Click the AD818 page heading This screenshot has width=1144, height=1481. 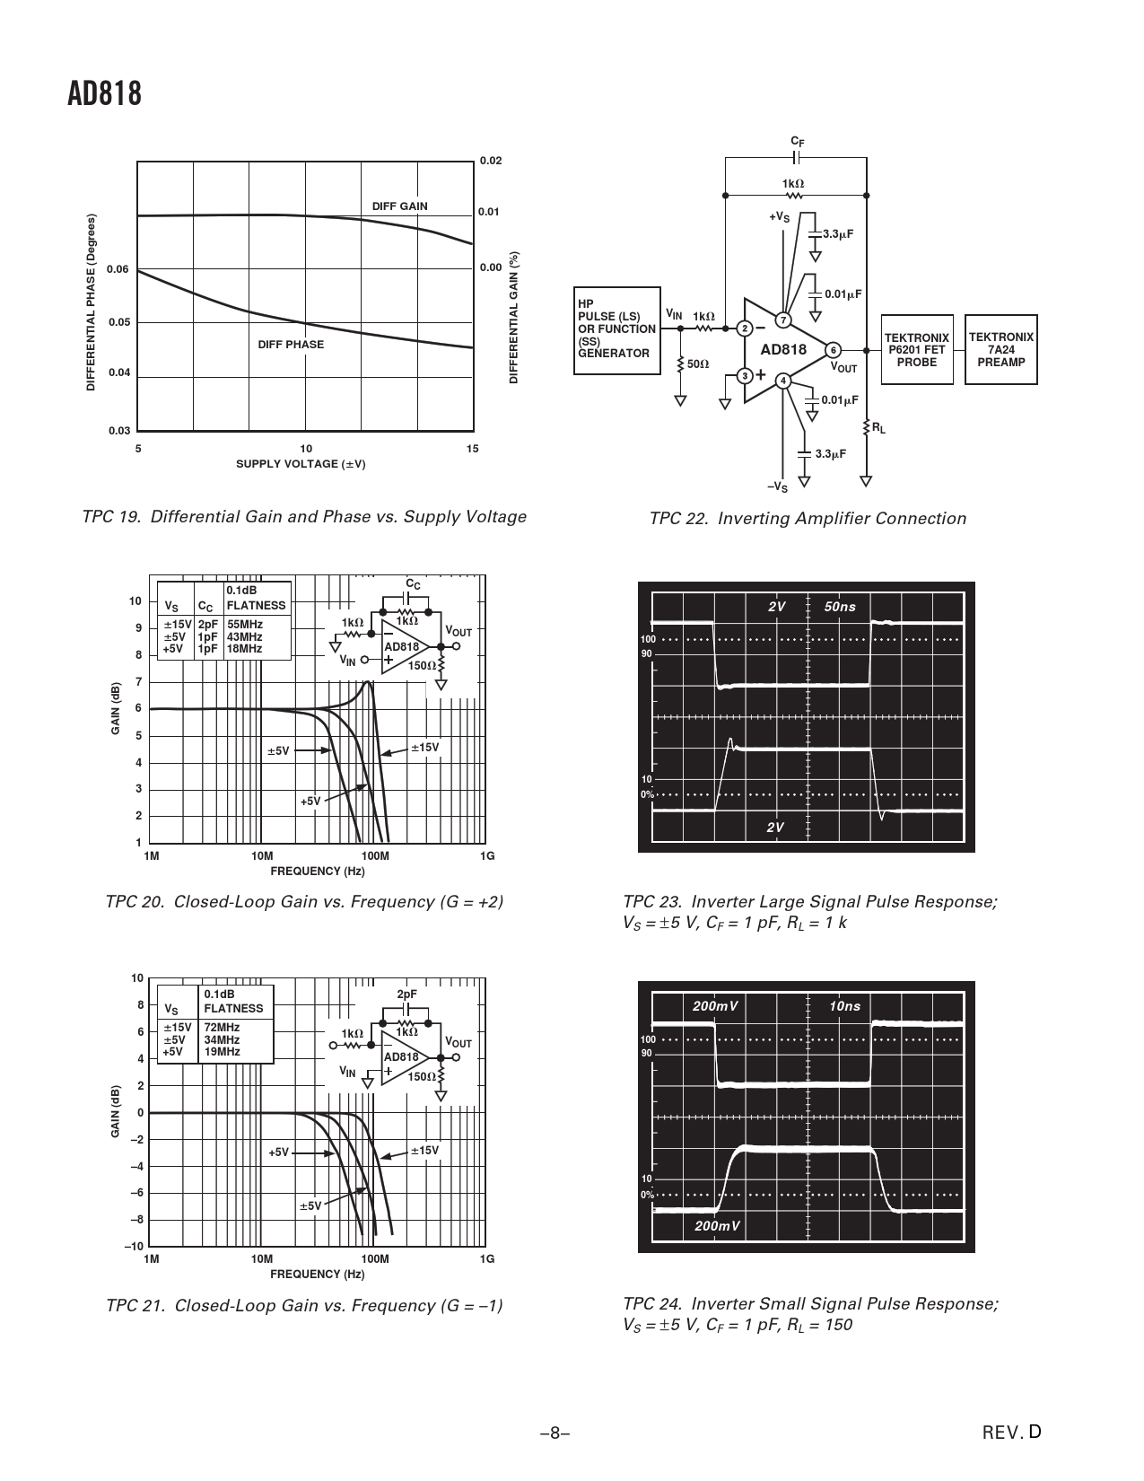coord(104,94)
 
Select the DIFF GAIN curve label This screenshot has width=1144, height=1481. coord(399,206)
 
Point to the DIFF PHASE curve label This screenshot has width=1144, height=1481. coord(291,345)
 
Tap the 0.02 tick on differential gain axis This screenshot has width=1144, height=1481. coord(491,161)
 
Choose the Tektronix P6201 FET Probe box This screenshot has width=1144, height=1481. coord(916,350)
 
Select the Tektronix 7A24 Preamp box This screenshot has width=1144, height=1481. coord(1000,350)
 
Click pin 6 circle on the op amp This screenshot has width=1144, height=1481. coord(834,350)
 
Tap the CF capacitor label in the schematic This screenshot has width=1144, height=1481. coord(796,142)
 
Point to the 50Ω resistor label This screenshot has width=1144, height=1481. coord(697,364)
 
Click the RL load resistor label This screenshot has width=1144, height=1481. coord(878,429)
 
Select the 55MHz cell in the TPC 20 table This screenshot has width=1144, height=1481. coord(244,624)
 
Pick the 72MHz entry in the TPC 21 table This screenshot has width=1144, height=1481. coord(222,1027)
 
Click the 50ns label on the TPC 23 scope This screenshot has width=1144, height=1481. coord(840,607)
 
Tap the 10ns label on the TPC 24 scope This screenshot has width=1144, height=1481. coord(844,1006)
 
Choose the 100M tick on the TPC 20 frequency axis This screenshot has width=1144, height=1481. coord(374,856)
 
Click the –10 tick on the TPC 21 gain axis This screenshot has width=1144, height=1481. coord(134,1247)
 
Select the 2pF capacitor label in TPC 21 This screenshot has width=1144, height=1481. coord(406,995)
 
